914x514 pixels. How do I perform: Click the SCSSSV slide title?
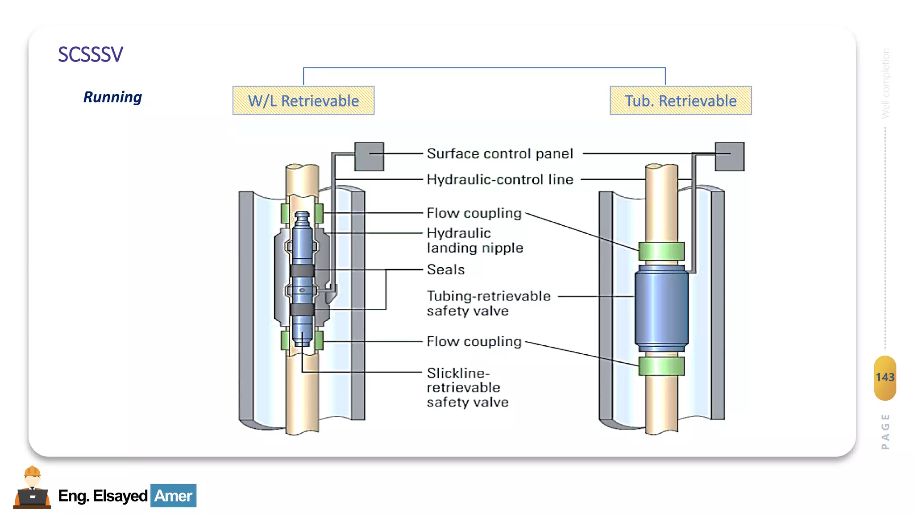click(91, 54)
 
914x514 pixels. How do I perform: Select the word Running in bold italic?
click(112, 97)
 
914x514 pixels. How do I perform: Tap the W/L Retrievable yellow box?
click(303, 100)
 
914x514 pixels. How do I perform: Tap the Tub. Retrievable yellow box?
click(681, 100)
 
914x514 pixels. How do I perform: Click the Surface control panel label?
click(499, 153)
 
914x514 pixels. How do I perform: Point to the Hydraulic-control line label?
click(499, 179)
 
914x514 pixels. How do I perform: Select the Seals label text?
click(445, 269)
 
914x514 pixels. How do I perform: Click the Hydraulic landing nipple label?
click(474, 240)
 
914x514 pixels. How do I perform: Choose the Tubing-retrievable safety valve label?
click(488, 303)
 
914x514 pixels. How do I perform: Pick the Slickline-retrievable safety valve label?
click(467, 387)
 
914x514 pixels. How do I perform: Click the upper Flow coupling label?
click(474, 213)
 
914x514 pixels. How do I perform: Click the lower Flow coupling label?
click(474, 341)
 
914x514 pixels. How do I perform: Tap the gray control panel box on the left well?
click(369, 157)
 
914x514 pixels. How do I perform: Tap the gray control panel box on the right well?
click(729, 157)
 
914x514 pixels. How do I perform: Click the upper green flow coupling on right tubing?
click(661, 251)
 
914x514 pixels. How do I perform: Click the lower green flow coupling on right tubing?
click(661, 366)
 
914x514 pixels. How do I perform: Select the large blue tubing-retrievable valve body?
click(661, 308)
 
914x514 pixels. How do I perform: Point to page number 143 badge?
click(885, 377)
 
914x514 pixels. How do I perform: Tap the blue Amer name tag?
click(173, 496)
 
